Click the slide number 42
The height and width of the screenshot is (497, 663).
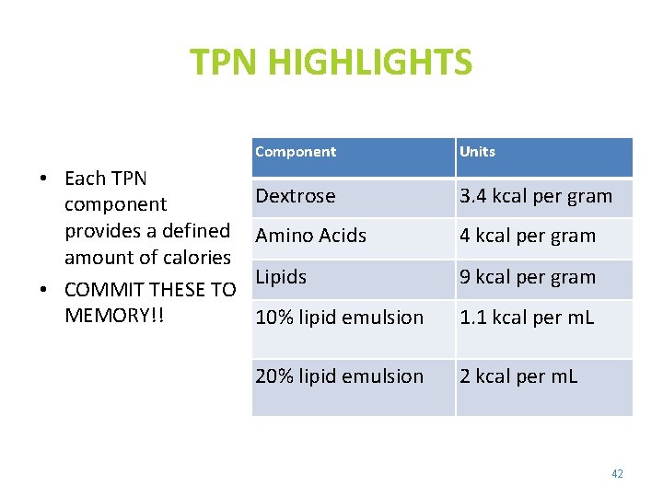(x=617, y=474)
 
